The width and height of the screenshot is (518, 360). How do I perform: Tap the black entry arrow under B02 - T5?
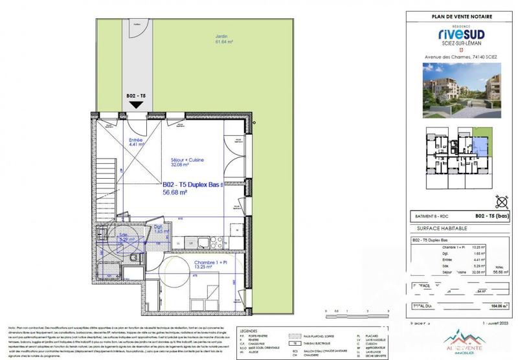(136, 104)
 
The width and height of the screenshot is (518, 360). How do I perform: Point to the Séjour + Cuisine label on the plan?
(186, 162)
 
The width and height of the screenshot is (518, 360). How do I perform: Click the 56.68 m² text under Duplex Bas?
(175, 192)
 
